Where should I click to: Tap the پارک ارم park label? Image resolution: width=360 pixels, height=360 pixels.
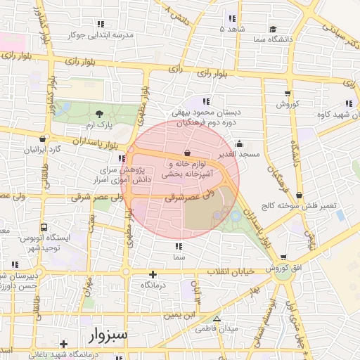(x=98, y=125)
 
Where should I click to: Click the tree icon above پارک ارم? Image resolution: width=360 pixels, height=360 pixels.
(x=98, y=114)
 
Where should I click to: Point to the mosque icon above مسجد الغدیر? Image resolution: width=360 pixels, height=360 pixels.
(x=240, y=143)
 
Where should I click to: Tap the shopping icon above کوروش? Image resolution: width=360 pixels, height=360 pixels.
(x=287, y=94)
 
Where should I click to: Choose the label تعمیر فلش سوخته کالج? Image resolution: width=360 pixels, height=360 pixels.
(x=307, y=206)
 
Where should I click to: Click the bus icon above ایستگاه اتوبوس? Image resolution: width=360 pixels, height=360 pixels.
(x=44, y=228)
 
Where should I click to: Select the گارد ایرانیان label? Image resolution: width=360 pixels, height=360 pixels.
(x=44, y=150)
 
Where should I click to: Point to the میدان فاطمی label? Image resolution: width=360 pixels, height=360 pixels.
(x=217, y=328)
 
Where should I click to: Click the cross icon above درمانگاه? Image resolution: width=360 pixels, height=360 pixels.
(x=153, y=274)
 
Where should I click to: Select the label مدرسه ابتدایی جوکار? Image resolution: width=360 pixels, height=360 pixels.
(x=84, y=34)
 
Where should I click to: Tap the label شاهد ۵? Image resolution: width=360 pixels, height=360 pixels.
(x=231, y=29)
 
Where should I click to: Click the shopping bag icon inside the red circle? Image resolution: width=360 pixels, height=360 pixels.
(x=186, y=153)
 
